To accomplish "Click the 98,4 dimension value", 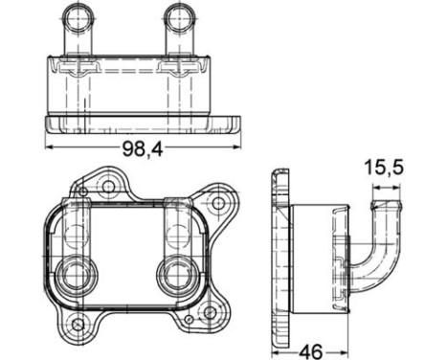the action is click(143, 148).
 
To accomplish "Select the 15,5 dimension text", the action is click(384, 168).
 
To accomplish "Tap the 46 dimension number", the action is click(311, 351).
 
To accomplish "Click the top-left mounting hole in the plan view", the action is click(108, 186).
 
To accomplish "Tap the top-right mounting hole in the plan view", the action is click(218, 203).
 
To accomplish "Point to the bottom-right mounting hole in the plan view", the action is click(209, 312).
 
